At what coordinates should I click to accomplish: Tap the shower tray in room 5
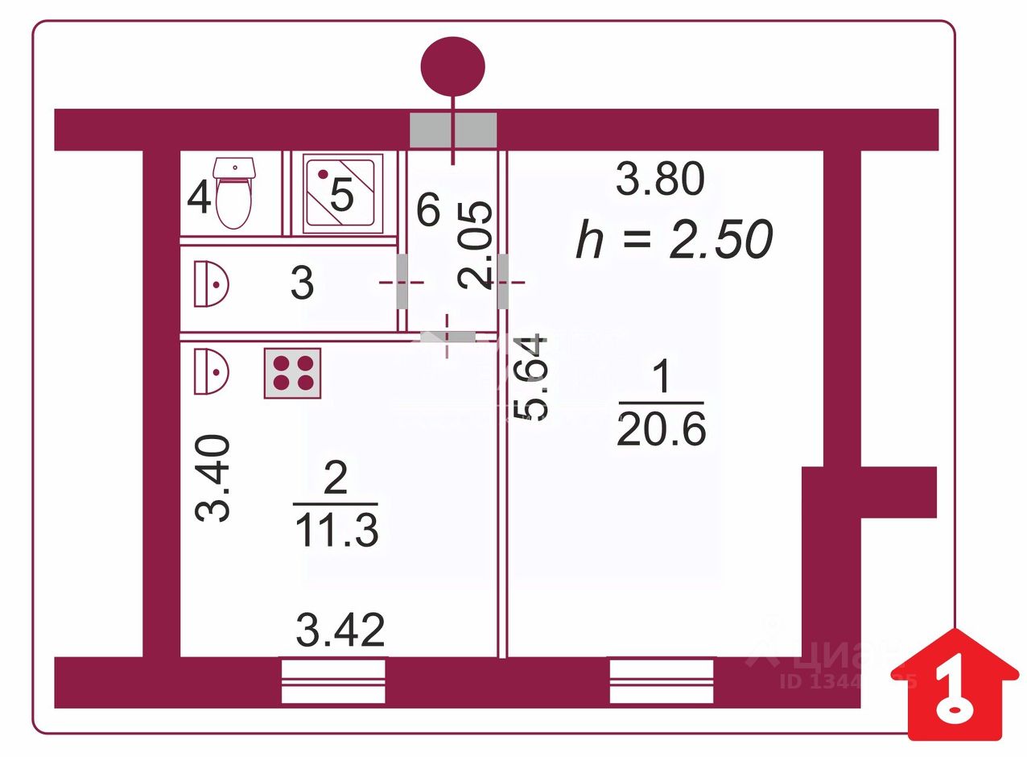[342, 195]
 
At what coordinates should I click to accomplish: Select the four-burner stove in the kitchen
[293, 373]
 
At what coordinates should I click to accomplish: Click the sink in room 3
[211, 283]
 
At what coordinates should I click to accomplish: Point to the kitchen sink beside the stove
[211, 370]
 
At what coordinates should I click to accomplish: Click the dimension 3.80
[660, 179]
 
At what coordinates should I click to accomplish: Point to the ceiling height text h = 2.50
[674, 239]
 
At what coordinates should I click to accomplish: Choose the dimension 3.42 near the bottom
[340, 631]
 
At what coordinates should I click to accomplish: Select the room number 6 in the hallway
[428, 211]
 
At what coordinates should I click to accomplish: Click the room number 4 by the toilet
[199, 198]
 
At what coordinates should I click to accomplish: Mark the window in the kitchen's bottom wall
[333, 681]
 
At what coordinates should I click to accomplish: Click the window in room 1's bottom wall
[662, 681]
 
